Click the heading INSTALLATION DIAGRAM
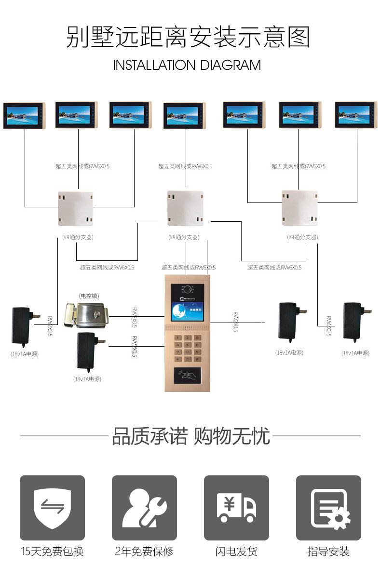[187, 65]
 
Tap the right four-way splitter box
[300, 208]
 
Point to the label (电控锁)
[89, 296]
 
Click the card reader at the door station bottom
[188, 374]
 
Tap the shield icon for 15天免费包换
[52, 508]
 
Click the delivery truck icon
[236, 508]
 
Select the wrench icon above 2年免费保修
[144, 508]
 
